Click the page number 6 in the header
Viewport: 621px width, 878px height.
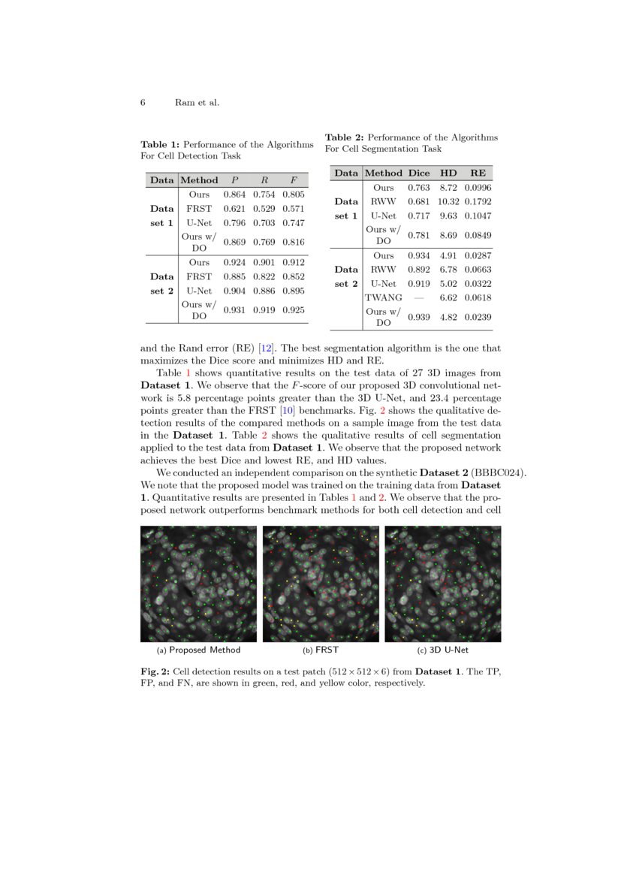pyautogui.click(x=143, y=102)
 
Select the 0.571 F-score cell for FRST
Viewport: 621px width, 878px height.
pyautogui.click(x=293, y=209)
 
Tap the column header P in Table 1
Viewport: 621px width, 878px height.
pyautogui.click(x=234, y=180)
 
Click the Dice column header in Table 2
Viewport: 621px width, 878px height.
pyautogui.click(x=418, y=173)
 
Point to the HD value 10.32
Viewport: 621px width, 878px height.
pyautogui.click(x=448, y=201)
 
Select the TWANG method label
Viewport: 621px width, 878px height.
pyautogui.click(x=383, y=298)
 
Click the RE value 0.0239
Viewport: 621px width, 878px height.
pyautogui.click(x=478, y=317)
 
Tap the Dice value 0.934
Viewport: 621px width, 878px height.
pyautogui.click(x=418, y=255)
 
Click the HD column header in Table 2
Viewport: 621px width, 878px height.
pyautogui.click(x=448, y=173)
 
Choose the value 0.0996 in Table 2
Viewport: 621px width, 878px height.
pyautogui.click(x=478, y=187)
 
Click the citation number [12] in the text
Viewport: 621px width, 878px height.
pyautogui.click(x=266, y=348)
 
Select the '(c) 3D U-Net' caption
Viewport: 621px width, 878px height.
pyautogui.click(x=442, y=650)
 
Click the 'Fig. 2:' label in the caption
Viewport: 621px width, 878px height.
pyautogui.click(x=155, y=671)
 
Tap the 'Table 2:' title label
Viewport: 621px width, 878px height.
pyautogui.click(x=344, y=137)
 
